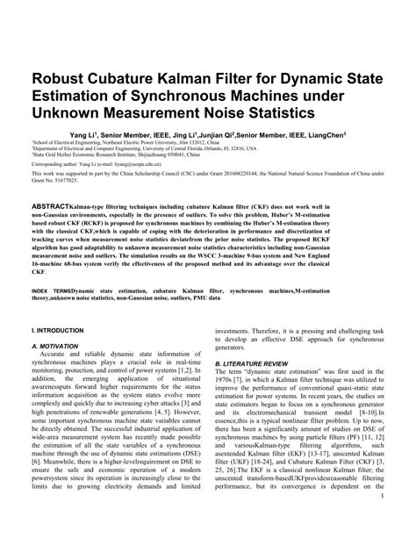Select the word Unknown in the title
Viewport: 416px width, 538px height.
[68, 113]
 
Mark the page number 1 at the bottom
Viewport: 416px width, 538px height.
[383, 522]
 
